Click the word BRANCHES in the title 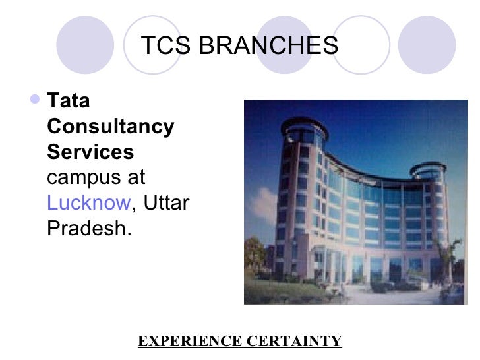click(268, 46)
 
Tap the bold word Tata click(69, 102)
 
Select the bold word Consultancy click(111, 127)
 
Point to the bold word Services click(90, 152)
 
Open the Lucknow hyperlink click(89, 202)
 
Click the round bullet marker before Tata click(36, 101)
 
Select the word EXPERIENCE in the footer click(189, 341)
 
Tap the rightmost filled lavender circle click(428, 44)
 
